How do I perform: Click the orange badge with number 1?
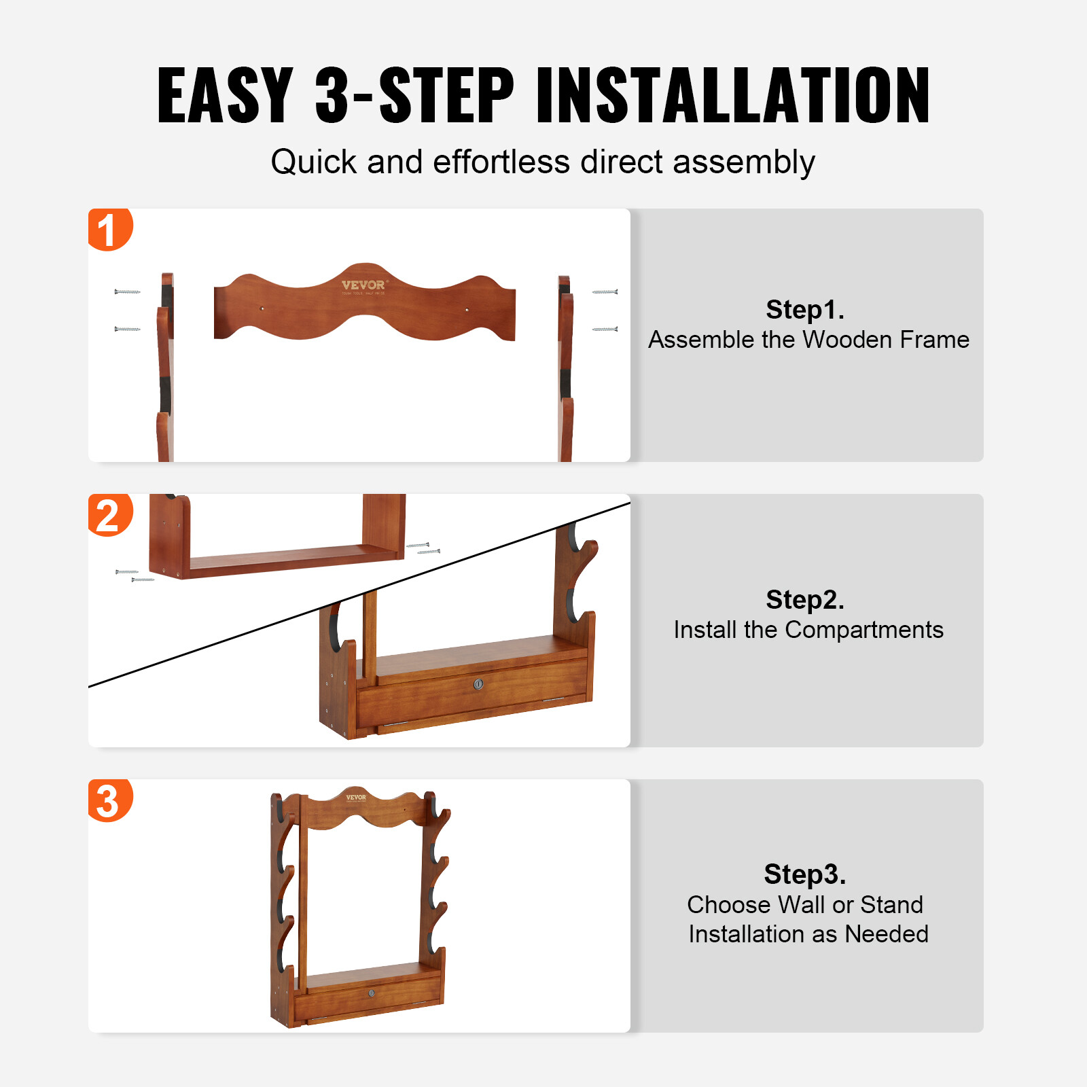click(x=109, y=230)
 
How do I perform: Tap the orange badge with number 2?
click(x=109, y=515)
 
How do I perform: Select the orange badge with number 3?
click(x=109, y=800)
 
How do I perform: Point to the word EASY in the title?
click(x=225, y=96)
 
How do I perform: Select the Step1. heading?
click(x=805, y=310)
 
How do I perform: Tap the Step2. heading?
click(x=805, y=600)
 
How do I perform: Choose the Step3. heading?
click(x=805, y=874)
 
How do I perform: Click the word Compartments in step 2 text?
click(x=864, y=630)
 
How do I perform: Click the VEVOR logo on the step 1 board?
click(x=363, y=285)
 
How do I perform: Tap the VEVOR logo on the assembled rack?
click(x=356, y=798)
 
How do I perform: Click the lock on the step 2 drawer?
click(x=478, y=684)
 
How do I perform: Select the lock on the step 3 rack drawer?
click(x=372, y=993)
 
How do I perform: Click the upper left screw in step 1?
click(x=127, y=292)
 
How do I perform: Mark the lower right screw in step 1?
click(x=605, y=329)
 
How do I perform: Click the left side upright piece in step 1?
click(x=165, y=367)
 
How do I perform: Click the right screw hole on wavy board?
click(x=466, y=310)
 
